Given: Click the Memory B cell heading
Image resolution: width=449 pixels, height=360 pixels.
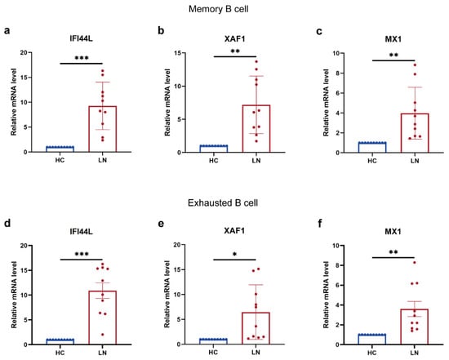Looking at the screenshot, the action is click(x=219, y=9).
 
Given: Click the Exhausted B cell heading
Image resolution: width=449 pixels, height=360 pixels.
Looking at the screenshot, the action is click(x=223, y=202).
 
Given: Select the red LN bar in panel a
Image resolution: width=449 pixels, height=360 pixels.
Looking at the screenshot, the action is click(x=103, y=129).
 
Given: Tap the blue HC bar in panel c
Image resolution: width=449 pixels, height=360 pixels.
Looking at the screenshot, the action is click(x=372, y=147).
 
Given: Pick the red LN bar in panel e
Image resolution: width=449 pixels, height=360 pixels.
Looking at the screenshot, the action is click(x=256, y=328).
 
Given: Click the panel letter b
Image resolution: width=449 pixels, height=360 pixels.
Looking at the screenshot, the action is click(x=161, y=30).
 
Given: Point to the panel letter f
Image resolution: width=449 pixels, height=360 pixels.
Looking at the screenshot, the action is click(x=320, y=223).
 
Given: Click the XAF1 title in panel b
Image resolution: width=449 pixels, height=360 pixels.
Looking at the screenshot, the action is click(x=235, y=38).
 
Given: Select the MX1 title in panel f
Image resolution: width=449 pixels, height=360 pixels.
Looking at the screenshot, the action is click(x=393, y=231).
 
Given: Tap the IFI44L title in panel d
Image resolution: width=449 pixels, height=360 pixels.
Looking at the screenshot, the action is click(x=81, y=231).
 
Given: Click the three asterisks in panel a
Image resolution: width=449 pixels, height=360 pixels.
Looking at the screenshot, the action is click(x=82, y=58).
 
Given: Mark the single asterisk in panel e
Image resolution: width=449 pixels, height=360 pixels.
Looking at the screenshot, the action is click(x=235, y=254).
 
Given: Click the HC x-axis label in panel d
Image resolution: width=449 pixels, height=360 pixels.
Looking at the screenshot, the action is click(x=60, y=353).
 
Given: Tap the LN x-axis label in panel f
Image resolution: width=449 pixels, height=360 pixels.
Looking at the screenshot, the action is click(x=415, y=353).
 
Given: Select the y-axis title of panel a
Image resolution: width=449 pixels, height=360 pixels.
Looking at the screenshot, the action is click(x=13, y=102).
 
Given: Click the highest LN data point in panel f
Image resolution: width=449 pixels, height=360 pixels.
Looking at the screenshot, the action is click(x=415, y=262).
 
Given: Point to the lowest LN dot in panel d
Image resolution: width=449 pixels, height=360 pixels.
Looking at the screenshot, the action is click(x=103, y=335).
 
